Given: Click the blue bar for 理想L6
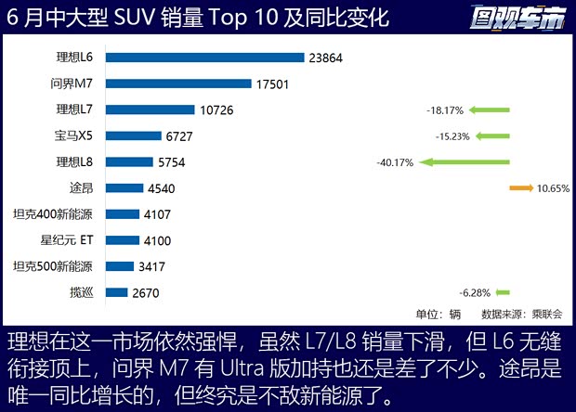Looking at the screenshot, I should tap(205, 58).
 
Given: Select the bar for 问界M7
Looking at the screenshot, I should tap(178, 84).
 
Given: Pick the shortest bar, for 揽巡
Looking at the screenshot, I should tap(117, 292).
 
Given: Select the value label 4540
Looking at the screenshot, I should tap(160, 188).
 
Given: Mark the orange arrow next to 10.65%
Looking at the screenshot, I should tap(520, 188).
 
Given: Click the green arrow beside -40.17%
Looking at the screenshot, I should tap(465, 162).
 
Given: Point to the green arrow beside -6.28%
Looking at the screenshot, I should tap(503, 292).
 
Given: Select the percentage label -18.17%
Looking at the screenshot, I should tap(446, 110).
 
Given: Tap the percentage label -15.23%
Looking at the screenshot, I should tap(452, 136).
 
